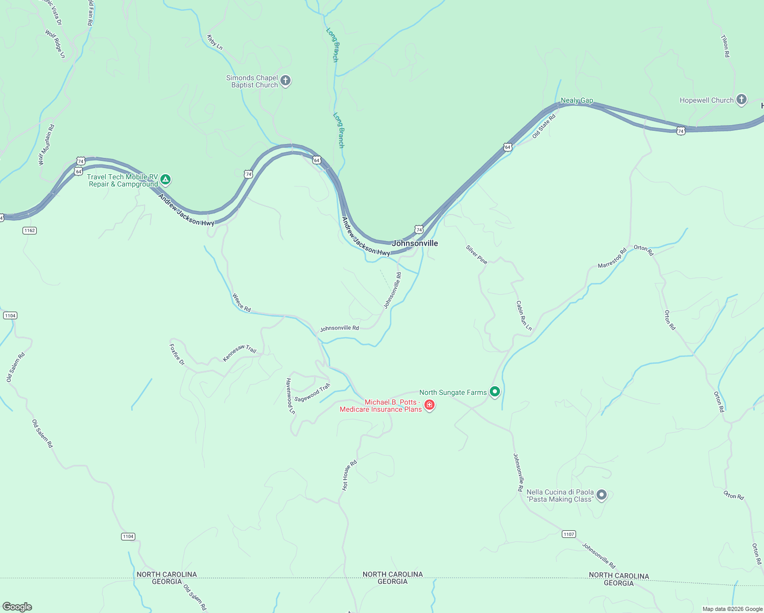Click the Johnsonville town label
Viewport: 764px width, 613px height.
(415, 243)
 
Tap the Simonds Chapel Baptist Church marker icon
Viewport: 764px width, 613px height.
(285, 81)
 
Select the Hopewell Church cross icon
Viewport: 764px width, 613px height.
(742, 100)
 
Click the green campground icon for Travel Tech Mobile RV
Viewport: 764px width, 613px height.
(165, 180)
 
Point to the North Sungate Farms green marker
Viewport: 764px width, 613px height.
(494, 392)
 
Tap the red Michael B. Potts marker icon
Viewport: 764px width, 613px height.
(429, 406)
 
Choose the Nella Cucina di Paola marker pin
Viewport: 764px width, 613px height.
(602, 495)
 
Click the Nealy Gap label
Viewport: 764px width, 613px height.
(577, 101)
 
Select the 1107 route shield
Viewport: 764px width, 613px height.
(569, 534)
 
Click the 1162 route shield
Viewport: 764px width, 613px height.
(30, 230)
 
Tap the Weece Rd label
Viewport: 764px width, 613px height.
(242, 302)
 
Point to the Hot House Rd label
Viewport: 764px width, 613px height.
(349, 476)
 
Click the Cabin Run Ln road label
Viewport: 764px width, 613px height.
(523, 316)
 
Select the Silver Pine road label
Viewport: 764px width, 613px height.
(476, 254)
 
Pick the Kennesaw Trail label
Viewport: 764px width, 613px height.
(240, 353)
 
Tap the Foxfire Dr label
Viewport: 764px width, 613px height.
(177, 355)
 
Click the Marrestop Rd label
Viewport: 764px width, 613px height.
(612, 258)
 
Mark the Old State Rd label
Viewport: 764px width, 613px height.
(543, 126)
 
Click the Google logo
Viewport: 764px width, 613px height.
(17, 607)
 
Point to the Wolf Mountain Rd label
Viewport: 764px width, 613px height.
(46, 145)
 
